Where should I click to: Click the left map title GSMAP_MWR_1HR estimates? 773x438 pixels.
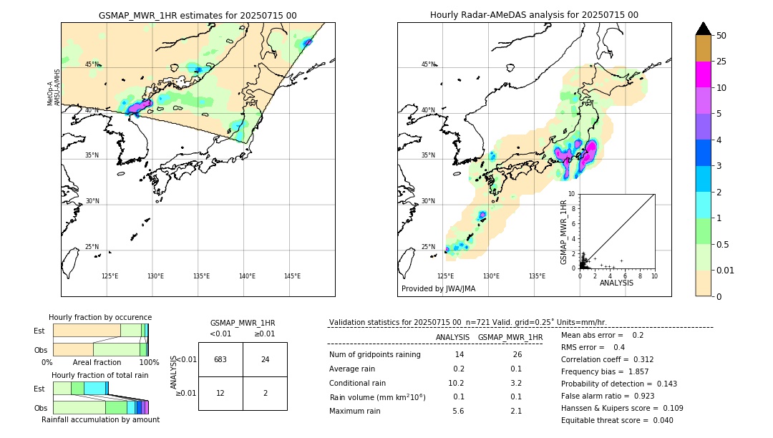point(198,15)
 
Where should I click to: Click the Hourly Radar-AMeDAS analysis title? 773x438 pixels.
point(534,15)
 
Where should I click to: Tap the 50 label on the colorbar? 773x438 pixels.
point(721,36)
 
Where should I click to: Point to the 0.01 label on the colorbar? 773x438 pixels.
point(726,270)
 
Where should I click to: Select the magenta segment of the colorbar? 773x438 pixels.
point(703,74)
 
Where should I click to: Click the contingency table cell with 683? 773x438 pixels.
point(220,359)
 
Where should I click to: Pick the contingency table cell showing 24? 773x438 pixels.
point(265,359)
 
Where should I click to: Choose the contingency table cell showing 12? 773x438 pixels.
point(220,393)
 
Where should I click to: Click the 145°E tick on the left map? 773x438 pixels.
point(292,276)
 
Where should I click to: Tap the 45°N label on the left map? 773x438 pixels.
point(92,64)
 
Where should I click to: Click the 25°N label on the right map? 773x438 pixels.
point(428,247)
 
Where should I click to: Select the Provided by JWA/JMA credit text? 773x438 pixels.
point(438,289)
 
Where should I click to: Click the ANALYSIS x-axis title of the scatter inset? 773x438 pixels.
point(616,283)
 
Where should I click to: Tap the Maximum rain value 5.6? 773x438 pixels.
point(458,411)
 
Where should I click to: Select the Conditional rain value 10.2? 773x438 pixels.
point(458,383)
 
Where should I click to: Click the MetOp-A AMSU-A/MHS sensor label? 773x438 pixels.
point(54,87)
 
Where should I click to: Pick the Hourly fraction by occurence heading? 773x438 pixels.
point(100,317)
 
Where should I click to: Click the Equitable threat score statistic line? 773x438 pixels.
point(617,420)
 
